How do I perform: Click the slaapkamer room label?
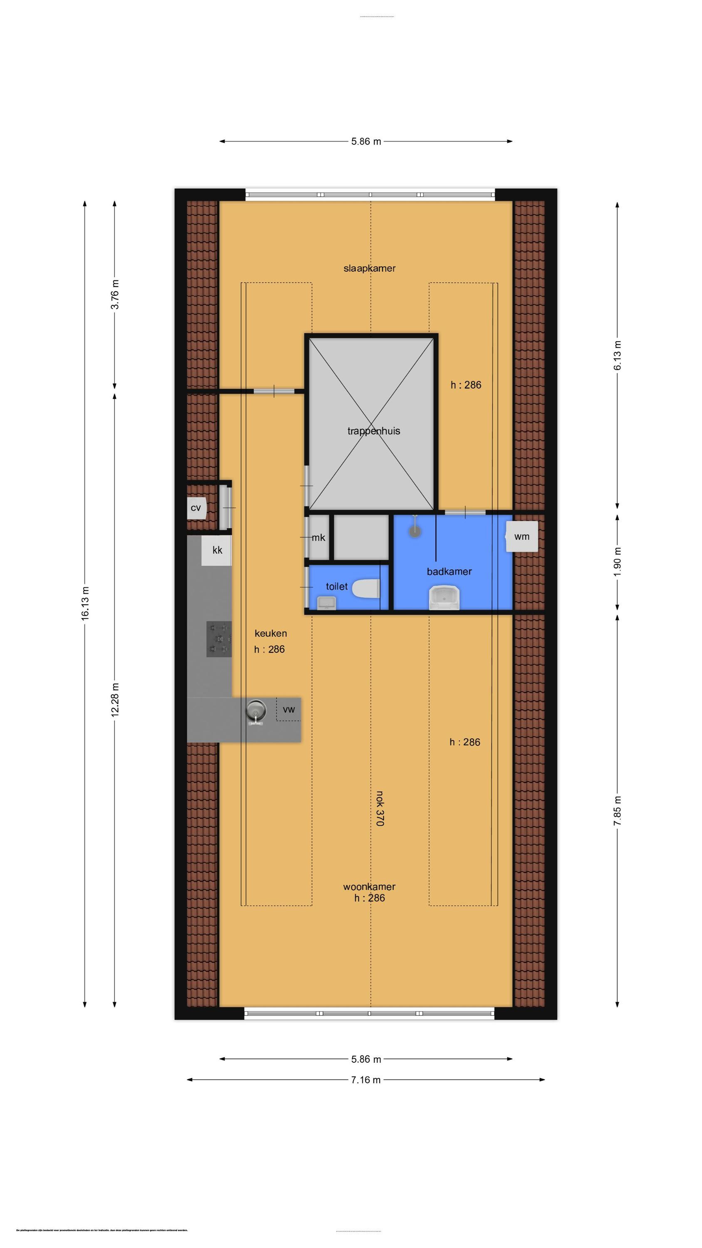point(369,268)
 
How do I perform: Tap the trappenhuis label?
point(373,431)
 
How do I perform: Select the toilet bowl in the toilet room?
point(366,589)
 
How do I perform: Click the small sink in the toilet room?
point(326,602)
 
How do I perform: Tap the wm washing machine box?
point(522,536)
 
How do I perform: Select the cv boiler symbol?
point(196,508)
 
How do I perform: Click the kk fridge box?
point(217,550)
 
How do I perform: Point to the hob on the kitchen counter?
point(219,639)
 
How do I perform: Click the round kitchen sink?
point(256,711)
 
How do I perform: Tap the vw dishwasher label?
point(289,710)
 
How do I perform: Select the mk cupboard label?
point(318,538)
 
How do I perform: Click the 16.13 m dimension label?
point(85,603)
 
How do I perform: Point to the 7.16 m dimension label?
point(366,1080)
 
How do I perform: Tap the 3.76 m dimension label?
point(115,295)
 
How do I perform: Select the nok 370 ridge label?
point(380,809)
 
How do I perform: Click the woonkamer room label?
point(369,886)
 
